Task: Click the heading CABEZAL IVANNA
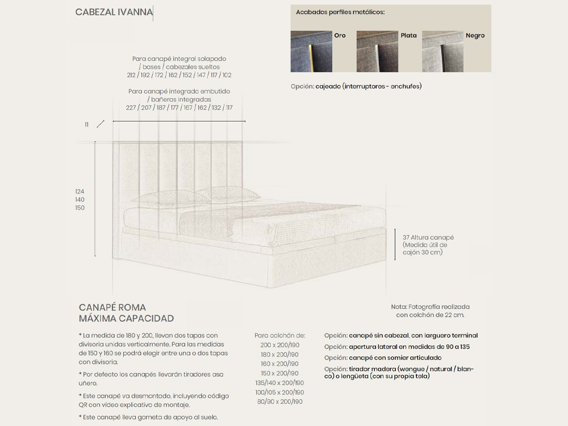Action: tap(114, 12)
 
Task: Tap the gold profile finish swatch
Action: tap(311, 52)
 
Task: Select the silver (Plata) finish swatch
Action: tap(377, 52)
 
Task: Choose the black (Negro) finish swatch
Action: tap(442, 52)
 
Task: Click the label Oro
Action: tap(340, 35)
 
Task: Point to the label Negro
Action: tap(475, 35)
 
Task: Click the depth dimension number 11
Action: tap(87, 124)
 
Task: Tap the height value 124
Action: tap(80, 192)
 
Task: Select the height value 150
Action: tap(80, 208)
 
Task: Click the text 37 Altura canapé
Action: tap(428, 237)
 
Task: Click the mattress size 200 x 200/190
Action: tap(280, 345)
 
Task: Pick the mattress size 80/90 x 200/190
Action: tap(280, 402)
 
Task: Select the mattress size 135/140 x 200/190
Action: tap(280, 383)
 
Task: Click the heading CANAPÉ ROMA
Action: tap(112, 307)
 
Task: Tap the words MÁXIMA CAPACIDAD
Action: tap(126, 319)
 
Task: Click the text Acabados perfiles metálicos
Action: tap(340, 12)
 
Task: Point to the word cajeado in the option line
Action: tap(328, 87)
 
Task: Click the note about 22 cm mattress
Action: tap(430, 311)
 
